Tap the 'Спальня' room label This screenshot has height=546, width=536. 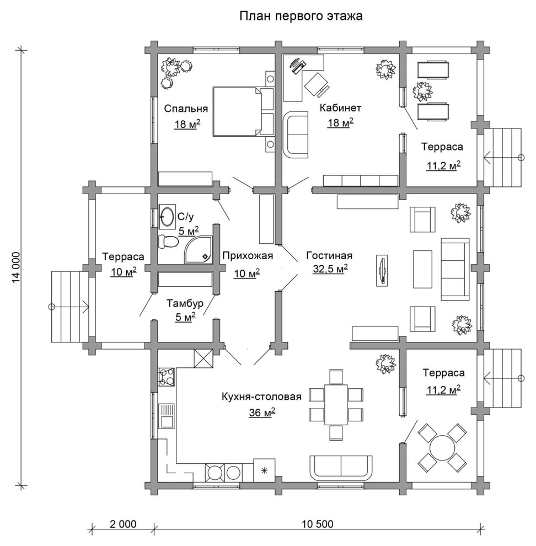coord(186,109)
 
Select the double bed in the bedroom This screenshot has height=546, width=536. coord(243,111)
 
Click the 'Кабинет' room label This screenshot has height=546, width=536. coord(340,108)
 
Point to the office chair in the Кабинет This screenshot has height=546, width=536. coord(316,84)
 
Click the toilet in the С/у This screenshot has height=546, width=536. coord(168,242)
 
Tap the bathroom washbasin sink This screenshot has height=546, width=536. coord(167,217)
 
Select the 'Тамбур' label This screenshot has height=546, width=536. coord(185,303)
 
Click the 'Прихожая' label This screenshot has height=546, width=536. coord(248,255)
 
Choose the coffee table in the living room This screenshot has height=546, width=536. coord(422,269)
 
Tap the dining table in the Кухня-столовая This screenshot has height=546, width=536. coord(336,404)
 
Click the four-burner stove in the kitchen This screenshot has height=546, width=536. coord(167,377)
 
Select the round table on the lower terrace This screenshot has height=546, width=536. coord(442,448)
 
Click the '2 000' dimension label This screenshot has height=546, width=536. coord(124,524)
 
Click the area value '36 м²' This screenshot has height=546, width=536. coord(262,413)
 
